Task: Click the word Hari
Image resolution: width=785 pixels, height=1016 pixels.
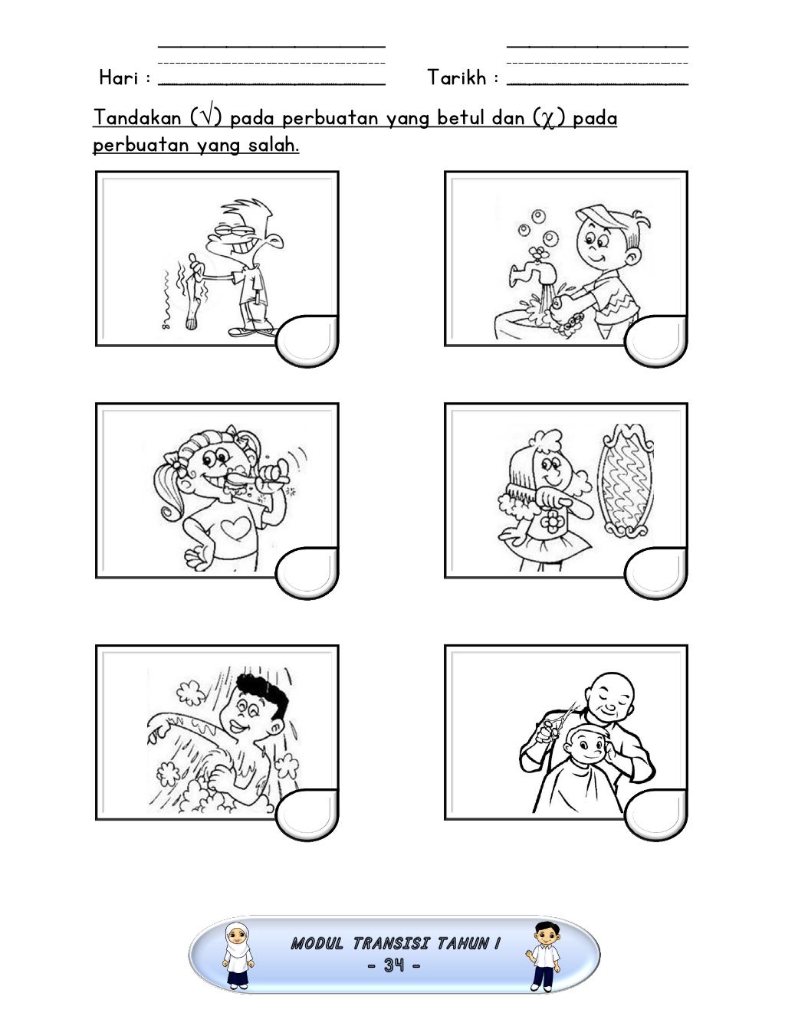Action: (119, 77)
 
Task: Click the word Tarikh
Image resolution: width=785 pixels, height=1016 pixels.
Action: (457, 77)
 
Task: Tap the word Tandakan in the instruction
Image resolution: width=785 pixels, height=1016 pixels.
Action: (137, 117)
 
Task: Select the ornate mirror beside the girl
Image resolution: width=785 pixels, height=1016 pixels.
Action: (625, 480)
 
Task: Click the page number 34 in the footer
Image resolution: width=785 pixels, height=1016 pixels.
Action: (393, 965)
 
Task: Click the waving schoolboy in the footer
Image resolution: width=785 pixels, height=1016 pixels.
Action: (544, 955)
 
